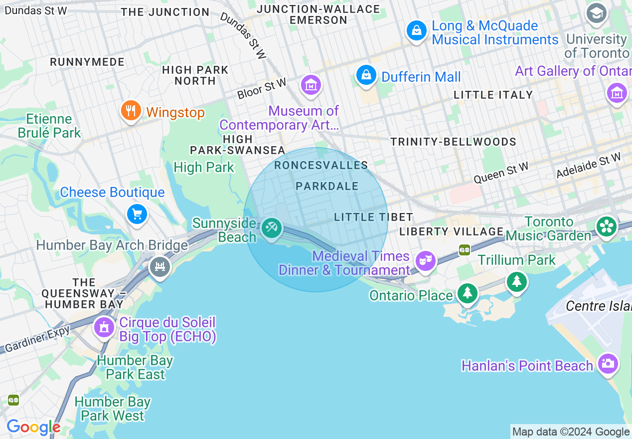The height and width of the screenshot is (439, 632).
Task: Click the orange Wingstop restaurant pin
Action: coord(131,111)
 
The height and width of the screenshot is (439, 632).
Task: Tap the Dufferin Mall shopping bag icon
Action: coord(366,75)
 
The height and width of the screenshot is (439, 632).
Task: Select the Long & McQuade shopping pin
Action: coord(416,31)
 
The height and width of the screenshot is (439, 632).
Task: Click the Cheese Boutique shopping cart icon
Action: coord(137,215)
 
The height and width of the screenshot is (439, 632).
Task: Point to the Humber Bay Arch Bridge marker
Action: coord(160,267)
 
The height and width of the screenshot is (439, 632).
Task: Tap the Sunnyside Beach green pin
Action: coord(272,229)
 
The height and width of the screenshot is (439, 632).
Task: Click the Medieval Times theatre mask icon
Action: coord(425,260)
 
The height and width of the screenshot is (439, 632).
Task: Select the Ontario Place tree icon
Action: coord(467,293)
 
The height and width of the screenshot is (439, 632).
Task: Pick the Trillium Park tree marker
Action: coord(517,282)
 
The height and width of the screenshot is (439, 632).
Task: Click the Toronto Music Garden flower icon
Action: coord(607,227)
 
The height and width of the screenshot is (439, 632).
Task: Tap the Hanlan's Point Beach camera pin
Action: coord(608,364)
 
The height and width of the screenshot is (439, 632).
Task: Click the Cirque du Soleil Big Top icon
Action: coord(104,328)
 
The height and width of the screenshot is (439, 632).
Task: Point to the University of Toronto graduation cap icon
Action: coord(596,13)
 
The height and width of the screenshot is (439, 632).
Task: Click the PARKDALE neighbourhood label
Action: coord(327,186)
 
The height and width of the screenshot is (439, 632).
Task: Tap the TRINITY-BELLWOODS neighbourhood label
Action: coord(453,142)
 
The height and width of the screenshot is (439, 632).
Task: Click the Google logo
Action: coord(33,427)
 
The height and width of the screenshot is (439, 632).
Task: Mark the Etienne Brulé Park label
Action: coord(49,126)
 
